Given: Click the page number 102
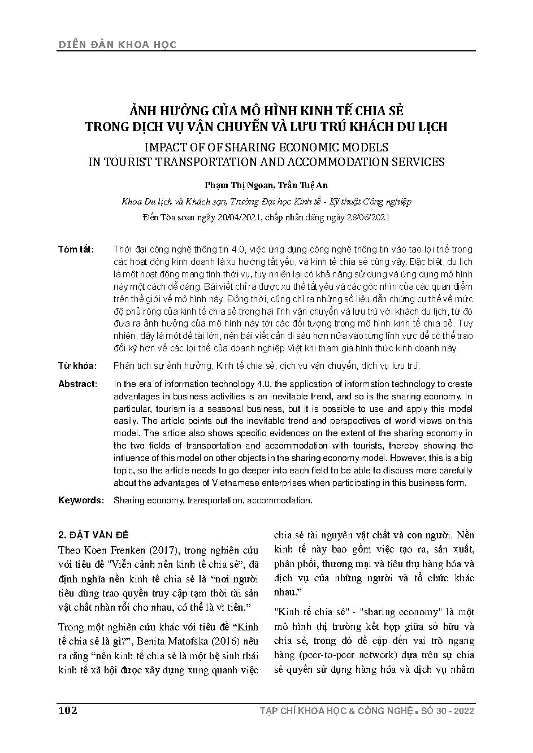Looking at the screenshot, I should click(67, 710).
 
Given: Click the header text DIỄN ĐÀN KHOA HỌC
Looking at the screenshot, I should click(117, 45).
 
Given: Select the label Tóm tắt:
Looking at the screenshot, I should click(76, 250).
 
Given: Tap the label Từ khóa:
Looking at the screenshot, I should click(77, 366).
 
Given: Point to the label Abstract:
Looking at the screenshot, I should click(77, 384).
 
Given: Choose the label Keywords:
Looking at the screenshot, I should click(81, 500).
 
